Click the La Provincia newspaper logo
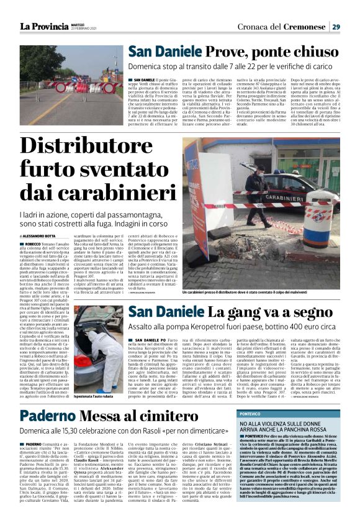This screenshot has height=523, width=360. point(43,26)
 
